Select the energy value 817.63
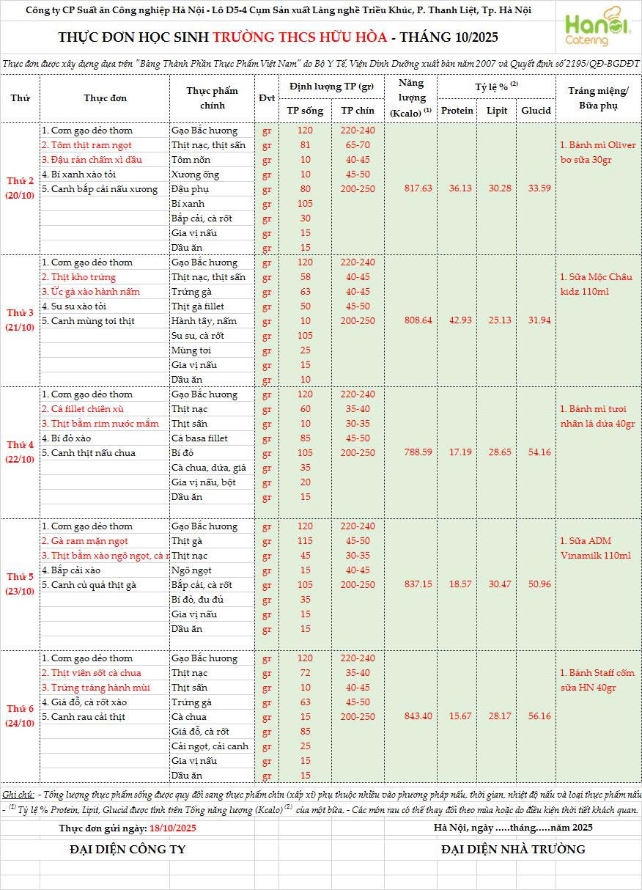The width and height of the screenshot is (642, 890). (418, 188)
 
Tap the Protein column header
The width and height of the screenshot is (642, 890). (457, 111)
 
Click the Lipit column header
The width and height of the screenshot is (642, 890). (497, 111)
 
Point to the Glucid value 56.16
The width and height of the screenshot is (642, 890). (536, 716)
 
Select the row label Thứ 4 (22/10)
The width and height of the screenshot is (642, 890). (20, 452)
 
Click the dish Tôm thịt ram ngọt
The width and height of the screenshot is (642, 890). (84, 145)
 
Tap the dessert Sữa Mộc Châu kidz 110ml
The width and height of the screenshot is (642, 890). (596, 284)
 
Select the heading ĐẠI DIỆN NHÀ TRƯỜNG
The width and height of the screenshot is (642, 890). (513, 849)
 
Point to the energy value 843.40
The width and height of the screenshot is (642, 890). (418, 716)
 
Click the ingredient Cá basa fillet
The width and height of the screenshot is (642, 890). (199, 438)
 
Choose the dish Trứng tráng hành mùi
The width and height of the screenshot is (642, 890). (95, 688)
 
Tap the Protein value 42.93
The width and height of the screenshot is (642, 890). (457, 320)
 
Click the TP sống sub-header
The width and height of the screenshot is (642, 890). (305, 111)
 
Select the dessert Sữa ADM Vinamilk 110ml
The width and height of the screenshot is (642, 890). (596, 548)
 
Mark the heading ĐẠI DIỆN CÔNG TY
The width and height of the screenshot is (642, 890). (128, 849)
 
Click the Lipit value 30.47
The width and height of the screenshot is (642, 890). (497, 584)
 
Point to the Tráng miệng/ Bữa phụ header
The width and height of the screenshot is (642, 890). (598, 98)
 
